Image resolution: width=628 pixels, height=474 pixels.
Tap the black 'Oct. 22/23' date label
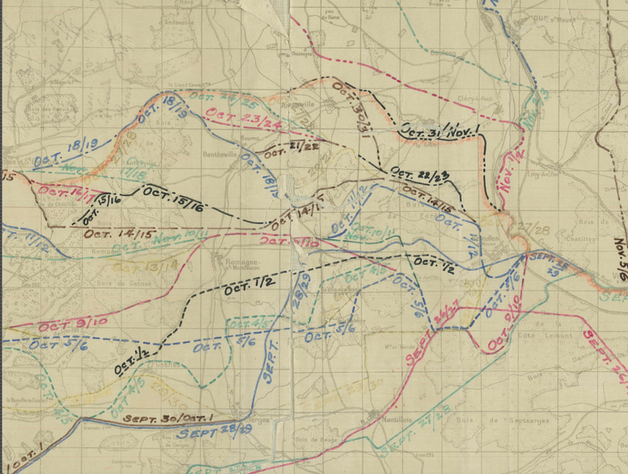(x=418, y=175)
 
